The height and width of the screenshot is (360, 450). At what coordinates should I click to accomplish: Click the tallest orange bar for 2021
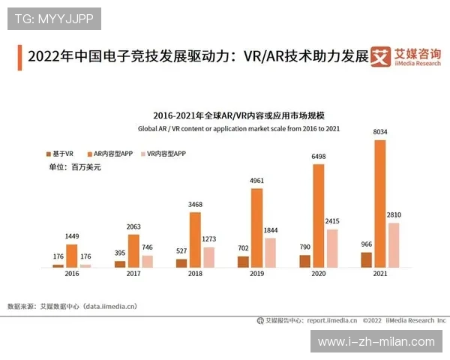tap(379, 204)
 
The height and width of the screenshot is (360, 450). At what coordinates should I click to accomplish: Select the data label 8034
tap(379, 133)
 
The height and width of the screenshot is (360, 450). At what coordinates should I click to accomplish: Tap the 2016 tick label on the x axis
tap(72, 275)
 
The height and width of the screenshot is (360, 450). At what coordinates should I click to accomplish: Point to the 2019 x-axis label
tap(256, 275)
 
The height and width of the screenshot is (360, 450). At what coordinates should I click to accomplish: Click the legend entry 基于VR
tap(59, 154)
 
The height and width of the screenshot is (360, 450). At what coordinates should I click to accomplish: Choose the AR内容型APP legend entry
tap(112, 154)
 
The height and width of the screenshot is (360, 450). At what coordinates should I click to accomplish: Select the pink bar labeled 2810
tap(394, 245)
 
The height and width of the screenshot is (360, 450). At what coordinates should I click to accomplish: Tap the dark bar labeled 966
tap(366, 259)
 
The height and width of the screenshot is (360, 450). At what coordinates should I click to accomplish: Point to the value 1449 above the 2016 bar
tap(72, 237)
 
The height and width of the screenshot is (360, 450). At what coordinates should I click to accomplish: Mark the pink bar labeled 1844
tap(271, 253)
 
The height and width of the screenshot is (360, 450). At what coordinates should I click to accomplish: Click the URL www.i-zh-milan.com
tap(376, 341)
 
